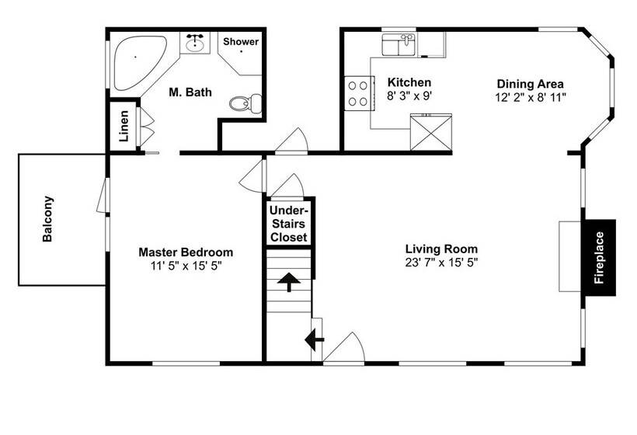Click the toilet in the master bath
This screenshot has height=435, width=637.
coord(245,103)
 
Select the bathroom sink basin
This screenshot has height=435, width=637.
coord(195,43)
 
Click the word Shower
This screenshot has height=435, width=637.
coord(241,41)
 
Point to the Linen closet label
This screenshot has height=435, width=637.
coord(124,126)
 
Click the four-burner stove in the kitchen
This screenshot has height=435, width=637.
coord(359,93)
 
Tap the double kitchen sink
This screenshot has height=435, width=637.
coord(399,45)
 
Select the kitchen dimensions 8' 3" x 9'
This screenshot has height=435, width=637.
coord(409,96)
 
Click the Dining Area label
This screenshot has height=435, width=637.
coord(530,84)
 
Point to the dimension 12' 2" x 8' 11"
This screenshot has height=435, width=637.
coord(530,97)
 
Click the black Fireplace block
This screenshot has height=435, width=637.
coord(600,258)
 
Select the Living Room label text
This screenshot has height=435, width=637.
coord(441,249)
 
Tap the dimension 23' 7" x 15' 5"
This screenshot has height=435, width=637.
coord(441,263)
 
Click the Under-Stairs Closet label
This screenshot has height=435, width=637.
coord(288,224)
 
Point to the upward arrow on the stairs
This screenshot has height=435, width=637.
coord(289,282)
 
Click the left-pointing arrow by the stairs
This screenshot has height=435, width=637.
coord(315,340)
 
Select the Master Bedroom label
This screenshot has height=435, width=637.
coord(186,252)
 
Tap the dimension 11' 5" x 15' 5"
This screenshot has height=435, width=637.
coord(186,266)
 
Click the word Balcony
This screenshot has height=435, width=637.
coord(47,219)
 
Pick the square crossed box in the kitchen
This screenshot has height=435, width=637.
coord(431,132)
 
